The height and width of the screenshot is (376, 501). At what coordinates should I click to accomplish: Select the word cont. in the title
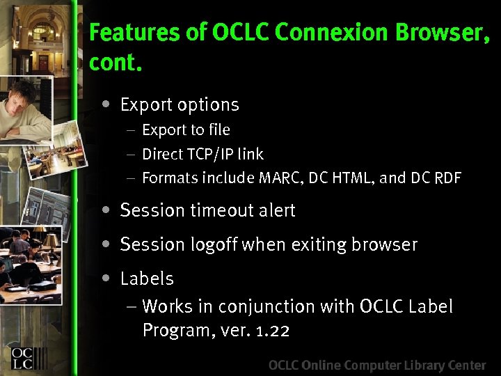tap(116, 63)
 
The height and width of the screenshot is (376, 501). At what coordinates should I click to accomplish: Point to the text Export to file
tap(186, 130)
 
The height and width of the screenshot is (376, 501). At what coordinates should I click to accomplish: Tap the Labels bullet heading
tap(147, 279)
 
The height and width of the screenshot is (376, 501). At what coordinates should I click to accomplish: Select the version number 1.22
tap(273, 330)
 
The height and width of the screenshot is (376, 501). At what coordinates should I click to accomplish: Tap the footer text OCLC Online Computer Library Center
tap(376, 366)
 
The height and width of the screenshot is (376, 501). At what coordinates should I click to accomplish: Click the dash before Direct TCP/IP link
tap(132, 154)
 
